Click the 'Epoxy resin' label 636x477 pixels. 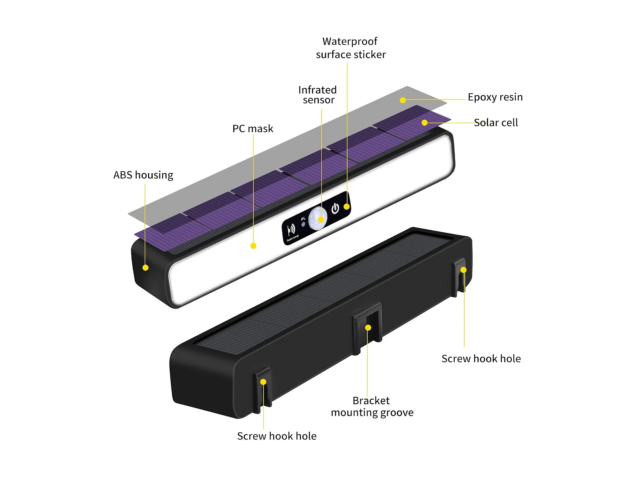tap(495, 97)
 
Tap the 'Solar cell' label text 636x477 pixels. tap(496, 123)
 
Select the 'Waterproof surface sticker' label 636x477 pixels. tap(351, 48)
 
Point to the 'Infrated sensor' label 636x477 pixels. tap(318, 95)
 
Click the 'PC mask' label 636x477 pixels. tap(253, 129)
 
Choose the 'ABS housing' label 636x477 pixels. tap(143, 175)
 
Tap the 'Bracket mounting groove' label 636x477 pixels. tap(372, 406)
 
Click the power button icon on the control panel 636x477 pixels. tap(335, 209)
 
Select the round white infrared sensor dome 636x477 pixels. tap(318, 219)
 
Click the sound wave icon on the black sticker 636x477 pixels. tap(291, 230)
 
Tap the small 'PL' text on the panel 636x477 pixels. tap(303, 219)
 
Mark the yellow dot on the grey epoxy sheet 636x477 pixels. tap(403, 100)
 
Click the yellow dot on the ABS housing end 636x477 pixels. tap(146, 268)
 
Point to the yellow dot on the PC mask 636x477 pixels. tap(253, 246)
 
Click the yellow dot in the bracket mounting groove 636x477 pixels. tap(368, 327)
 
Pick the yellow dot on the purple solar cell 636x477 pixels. tap(424, 123)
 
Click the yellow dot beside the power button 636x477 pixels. tap(347, 207)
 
